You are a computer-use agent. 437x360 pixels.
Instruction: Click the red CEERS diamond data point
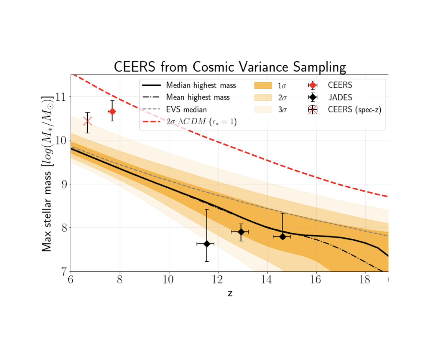click(112, 111)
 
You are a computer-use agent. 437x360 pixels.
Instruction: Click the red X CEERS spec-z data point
click(87, 121)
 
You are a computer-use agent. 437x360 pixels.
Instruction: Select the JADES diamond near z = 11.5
click(207, 244)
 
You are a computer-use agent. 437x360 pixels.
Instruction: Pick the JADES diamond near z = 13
click(241, 232)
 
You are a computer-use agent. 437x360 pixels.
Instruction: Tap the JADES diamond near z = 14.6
click(282, 237)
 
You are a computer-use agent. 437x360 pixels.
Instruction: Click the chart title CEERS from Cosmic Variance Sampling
click(230, 67)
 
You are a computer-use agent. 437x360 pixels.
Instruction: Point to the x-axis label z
click(230, 293)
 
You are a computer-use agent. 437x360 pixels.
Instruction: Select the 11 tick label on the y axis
click(60, 97)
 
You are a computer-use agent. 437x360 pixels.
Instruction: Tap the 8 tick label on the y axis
click(64, 228)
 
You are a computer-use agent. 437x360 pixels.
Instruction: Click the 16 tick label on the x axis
click(315, 280)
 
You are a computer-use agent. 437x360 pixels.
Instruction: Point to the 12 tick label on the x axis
click(217, 280)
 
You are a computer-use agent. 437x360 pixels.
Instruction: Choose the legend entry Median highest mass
click(201, 85)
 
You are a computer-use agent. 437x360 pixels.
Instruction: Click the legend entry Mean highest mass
click(198, 97)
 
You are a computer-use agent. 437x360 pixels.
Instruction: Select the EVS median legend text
click(186, 110)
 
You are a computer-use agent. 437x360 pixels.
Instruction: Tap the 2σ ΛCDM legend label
click(201, 122)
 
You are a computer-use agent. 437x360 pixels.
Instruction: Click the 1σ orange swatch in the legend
click(263, 86)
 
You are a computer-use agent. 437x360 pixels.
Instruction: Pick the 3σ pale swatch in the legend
click(263, 110)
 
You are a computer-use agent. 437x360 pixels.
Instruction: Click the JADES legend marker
click(313, 97)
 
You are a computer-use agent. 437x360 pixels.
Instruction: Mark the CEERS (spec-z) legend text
click(354, 110)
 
